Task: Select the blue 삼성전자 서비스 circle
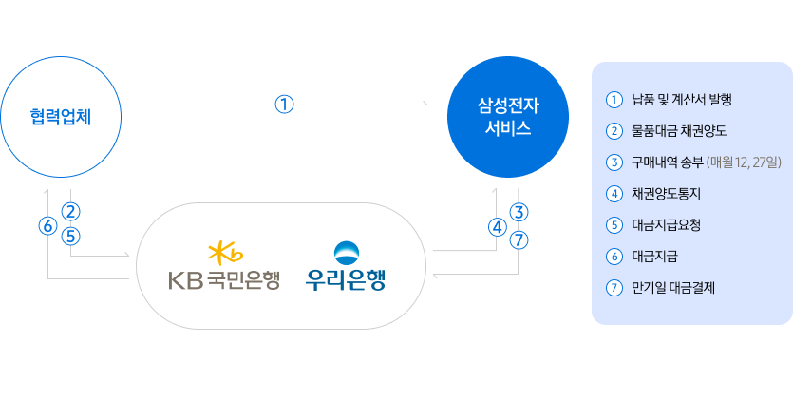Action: [x=507, y=117]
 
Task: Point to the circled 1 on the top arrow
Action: [x=284, y=105]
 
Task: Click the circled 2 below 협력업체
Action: [x=72, y=211]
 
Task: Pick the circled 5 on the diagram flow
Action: [x=72, y=234]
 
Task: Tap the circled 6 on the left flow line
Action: [x=47, y=226]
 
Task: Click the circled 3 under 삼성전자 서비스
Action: [x=519, y=211]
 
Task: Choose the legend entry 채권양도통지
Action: [x=666, y=193]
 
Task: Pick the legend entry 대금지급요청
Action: [x=666, y=224]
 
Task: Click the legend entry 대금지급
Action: [x=653, y=256]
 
